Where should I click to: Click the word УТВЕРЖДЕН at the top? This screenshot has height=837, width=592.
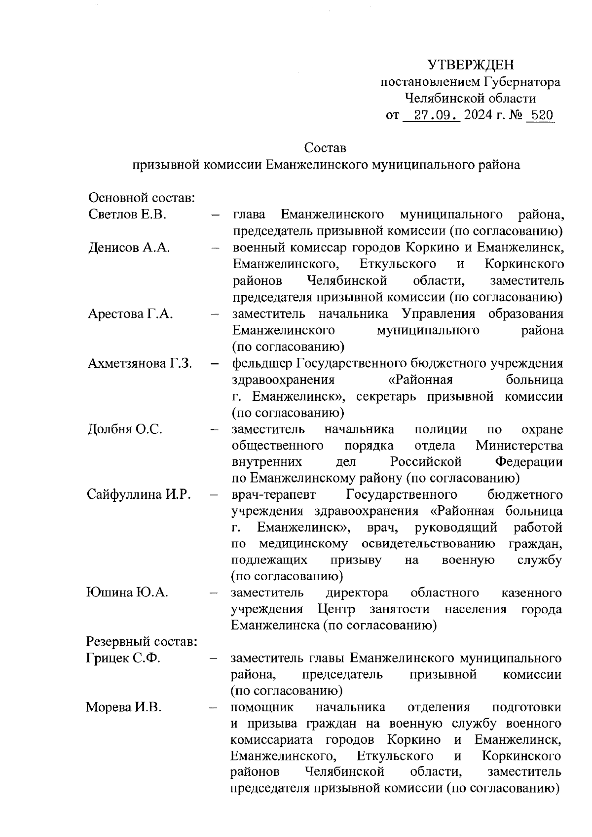[470, 65]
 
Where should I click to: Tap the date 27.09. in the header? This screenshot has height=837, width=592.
[431, 115]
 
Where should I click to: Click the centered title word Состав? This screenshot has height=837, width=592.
[325, 147]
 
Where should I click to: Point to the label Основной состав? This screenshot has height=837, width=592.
[142, 198]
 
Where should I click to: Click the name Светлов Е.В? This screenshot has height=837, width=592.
[127, 214]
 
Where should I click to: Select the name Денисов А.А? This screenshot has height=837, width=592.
[129, 247]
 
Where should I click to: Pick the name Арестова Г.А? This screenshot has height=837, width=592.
[130, 314]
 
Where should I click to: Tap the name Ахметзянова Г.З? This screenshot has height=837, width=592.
[140, 363]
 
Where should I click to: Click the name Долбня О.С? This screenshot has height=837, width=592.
[125, 429]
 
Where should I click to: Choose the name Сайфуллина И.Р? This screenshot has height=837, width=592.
[139, 494]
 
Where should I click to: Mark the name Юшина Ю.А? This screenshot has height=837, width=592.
[127, 592]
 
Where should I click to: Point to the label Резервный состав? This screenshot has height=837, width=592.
[142, 642]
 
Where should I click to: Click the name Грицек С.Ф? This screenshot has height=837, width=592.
[123, 658]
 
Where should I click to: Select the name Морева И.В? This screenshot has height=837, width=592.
[123, 707]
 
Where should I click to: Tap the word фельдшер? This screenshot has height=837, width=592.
[262, 364]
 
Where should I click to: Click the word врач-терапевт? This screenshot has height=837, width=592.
[273, 494]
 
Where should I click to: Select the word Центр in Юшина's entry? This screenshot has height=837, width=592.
[336, 609]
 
